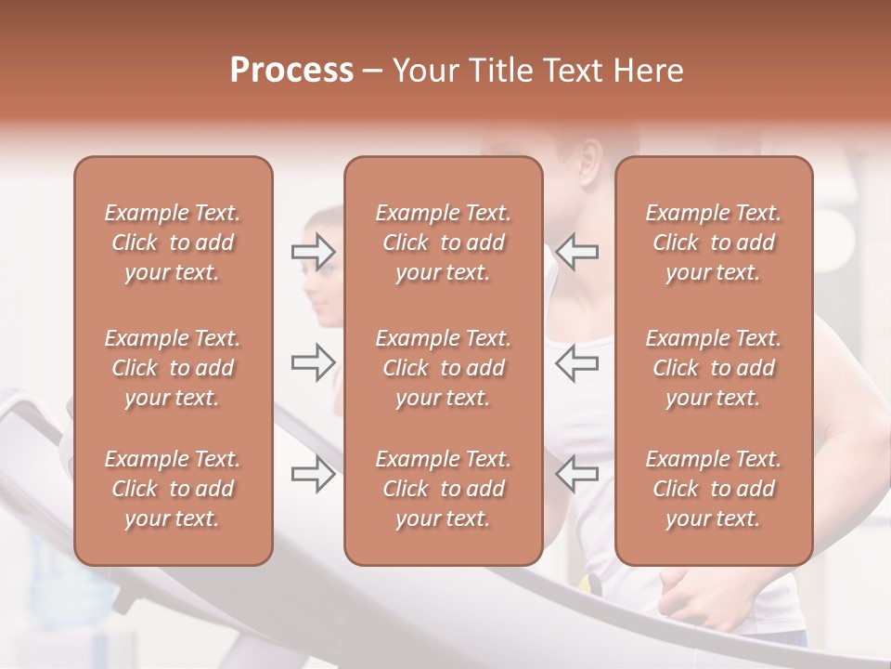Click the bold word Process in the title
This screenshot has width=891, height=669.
[x=291, y=71]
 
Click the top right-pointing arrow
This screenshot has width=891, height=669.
[x=313, y=252]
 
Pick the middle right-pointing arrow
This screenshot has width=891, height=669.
[x=313, y=362]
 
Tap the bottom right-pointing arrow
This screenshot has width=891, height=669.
[x=313, y=474]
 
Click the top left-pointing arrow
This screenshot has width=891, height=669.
[x=576, y=252]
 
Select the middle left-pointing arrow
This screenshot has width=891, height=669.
[x=576, y=362]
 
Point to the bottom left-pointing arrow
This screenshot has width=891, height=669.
[x=576, y=474]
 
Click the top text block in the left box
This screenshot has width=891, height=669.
[x=173, y=243]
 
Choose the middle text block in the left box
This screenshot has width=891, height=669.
[x=173, y=368]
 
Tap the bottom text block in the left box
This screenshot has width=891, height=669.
[x=173, y=489]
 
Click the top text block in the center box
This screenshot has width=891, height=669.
[x=443, y=243]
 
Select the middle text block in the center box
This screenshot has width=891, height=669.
[x=443, y=368]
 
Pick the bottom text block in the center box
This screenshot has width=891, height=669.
[x=443, y=489]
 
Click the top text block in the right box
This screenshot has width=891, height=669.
[x=714, y=243]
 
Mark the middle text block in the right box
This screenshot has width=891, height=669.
[x=714, y=368]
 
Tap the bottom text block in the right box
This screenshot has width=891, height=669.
[x=714, y=489]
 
